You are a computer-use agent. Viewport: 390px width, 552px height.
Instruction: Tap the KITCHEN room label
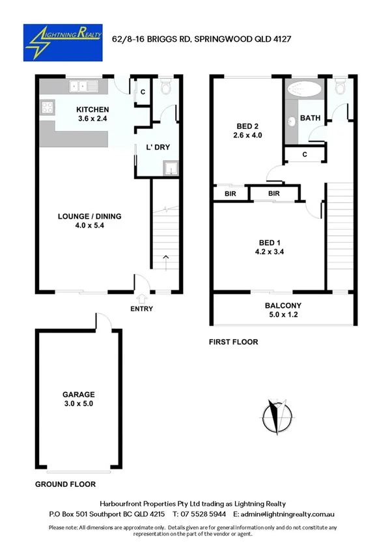pos(92,109)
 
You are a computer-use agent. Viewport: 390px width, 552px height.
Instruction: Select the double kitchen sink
pos(83,86)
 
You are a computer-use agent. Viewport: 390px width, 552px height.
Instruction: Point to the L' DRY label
pos(158,147)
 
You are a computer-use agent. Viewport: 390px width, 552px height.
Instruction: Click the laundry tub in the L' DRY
pos(170,170)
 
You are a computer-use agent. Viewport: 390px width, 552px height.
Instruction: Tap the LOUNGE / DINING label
pos(89,217)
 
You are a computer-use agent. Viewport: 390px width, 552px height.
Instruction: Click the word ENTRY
pos(141,309)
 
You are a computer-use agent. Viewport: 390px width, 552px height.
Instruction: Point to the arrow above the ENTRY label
pos(141,297)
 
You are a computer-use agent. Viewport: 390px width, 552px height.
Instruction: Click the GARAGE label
pos(79,394)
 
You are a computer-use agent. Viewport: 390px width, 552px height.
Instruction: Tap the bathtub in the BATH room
pos(305,90)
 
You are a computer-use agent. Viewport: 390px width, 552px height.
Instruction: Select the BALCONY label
pos(283,305)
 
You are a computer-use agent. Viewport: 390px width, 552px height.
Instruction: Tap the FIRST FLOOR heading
pos(233,342)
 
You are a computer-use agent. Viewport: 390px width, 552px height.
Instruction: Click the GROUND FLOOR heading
pos(65,484)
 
